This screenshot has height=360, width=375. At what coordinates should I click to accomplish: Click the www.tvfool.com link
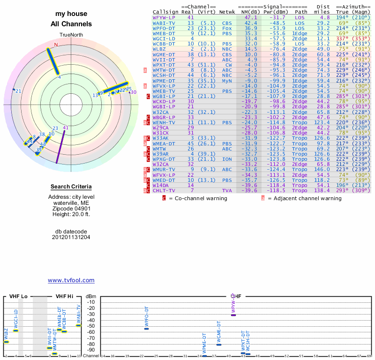(71, 280)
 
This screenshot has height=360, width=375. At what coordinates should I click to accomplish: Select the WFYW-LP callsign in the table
(164, 17)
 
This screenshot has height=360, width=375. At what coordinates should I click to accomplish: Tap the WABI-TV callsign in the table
(164, 22)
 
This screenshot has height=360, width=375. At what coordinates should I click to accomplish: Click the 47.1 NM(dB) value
(251, 17)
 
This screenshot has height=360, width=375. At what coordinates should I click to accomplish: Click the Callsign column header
(166, 12)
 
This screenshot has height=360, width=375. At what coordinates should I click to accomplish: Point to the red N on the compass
(56, 45)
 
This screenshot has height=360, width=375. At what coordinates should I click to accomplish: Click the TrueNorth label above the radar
(71, 35)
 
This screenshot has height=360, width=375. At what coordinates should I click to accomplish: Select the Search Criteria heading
(71, 187)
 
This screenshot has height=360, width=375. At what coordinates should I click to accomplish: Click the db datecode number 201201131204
(71, 237)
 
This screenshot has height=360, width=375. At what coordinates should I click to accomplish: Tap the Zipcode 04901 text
(71, 209)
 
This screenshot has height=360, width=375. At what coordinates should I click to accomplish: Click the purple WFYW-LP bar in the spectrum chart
(233, 315)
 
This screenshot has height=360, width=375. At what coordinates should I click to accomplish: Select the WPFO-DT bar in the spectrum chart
(146, 329)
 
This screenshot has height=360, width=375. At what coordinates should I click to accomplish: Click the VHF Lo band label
(18, 296)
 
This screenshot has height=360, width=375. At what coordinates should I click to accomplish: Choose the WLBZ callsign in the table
(159, 49)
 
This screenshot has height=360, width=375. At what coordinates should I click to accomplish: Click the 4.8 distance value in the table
(325, 17)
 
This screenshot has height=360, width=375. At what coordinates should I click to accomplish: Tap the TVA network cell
(227, 191)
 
